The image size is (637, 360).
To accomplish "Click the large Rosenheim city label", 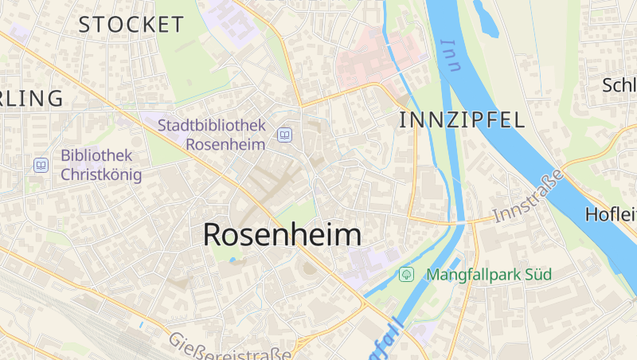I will click(x=282, y=234).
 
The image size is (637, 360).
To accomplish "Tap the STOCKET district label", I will click(x=131, y=25).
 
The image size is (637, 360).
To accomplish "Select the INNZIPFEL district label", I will click(x=461, y=120).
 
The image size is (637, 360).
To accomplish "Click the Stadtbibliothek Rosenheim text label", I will click(x=211, y=135).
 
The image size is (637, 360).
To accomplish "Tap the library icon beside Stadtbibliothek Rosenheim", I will click(x=284, y=135).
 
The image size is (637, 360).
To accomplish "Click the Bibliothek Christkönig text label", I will click(x=101, y=165).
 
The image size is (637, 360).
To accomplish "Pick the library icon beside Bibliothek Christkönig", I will click(x=41, y=165).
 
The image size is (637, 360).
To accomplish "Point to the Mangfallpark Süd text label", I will click(x=489, y=275).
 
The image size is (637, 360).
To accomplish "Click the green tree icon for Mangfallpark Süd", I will click(x=406, y=275).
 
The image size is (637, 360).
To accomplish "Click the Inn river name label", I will click(x=451, y=56).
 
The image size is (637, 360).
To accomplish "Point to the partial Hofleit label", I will click(x=610, y=214).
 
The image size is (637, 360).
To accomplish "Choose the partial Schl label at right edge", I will click(x=619, y=86).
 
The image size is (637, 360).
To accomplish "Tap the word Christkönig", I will click(x=101, y=174).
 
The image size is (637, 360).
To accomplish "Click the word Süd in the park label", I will click(x=537, y=275).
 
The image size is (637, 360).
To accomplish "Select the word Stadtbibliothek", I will click(x=211, y=125).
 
